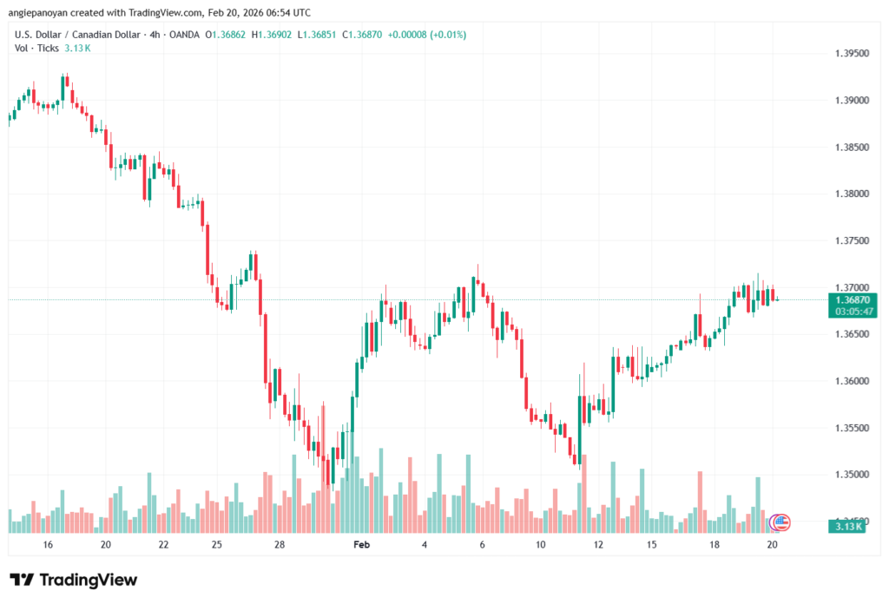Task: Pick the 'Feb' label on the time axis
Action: pyautogui.click(x=362, y=544)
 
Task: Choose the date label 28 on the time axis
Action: pyautogui.click(x=280, y=544)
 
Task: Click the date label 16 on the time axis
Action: pyautogui.click(x=48, y=544)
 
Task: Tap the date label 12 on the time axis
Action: pyautogui.click(x=598, y=544)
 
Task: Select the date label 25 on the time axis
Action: pyautogui.click(x=217, y=544)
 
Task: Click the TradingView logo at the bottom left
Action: pyautogui.click(x=74, y=580)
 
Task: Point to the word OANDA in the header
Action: pyautogui.click(x=184, y=35)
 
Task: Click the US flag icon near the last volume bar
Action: pyautogui.click(x=781, y=522)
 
